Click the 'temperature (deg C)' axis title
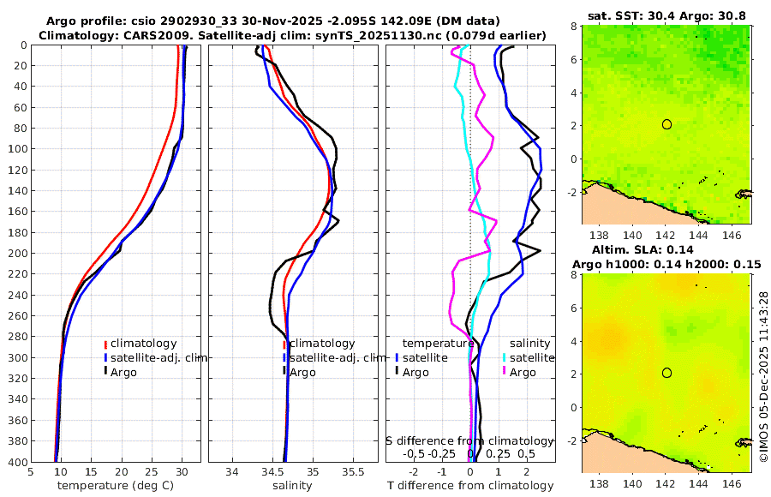click(115, 486)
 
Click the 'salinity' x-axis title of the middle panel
click(292, 486)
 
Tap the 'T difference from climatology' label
click(470, 486)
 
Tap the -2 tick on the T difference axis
click(415, 471)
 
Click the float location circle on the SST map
click(666, 124)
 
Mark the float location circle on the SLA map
click(666, 373)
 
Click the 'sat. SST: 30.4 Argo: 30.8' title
click(666, 15)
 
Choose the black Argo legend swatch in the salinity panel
click(284, 372)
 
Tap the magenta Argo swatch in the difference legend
click(505, 372)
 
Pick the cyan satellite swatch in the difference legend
click(505, 357)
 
